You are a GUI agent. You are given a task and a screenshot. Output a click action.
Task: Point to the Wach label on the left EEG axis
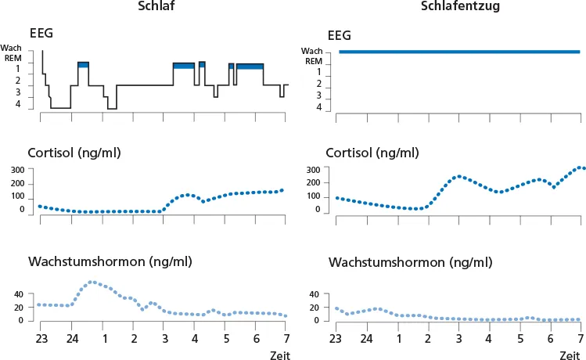(x=11, y=49)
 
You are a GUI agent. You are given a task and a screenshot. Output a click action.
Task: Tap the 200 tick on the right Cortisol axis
(x=314, y=182)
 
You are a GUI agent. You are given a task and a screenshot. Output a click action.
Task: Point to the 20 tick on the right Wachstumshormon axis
(x=317, y=308)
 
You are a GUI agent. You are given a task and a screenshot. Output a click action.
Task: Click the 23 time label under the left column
(x=41, y=339)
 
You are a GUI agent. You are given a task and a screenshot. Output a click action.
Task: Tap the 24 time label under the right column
(x=367, y=339)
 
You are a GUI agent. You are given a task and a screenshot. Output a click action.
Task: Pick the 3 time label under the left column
(x=164, y=339)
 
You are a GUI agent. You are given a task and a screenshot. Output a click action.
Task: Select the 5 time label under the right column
(x=520, y=339)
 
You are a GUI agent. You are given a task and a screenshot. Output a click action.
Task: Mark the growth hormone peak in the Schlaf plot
(x=92, y=282)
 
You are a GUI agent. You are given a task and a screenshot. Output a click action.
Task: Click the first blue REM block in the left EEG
(x=84, y=64)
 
